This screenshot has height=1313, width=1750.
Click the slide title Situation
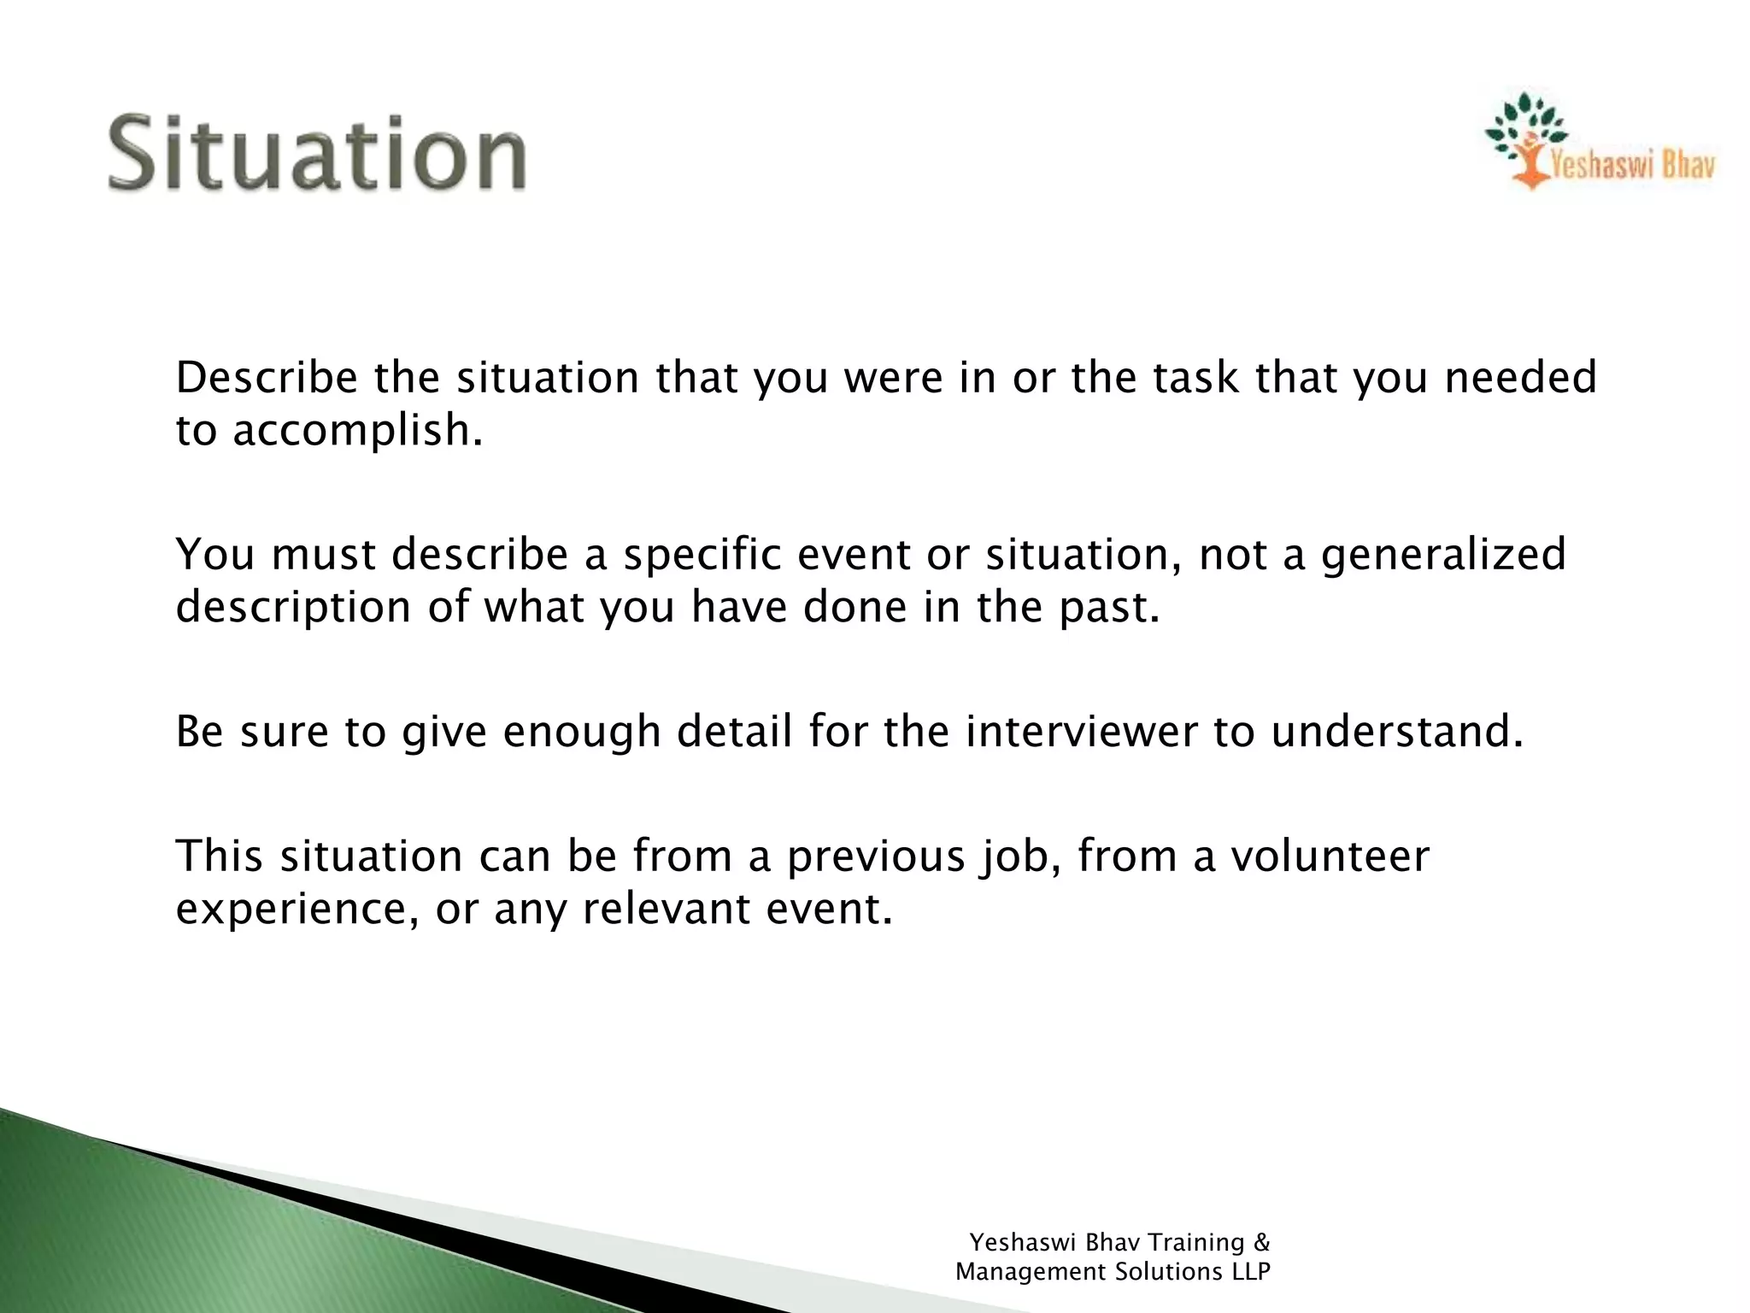pyautogui.click(x=317, y=154)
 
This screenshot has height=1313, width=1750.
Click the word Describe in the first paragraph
pyautogui.click(x=266, y=378)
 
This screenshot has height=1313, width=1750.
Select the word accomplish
pyautogui.click(x=356, y=430)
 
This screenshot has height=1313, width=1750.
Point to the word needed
pyautogui.click(x=1520, y=378)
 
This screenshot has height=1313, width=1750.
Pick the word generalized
pyautogui.click(x=1443, y=556)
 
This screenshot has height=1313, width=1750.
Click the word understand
pyautogui.click(x=1396, y=732)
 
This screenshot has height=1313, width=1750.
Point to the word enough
pyautogui.click(x=582, y=733)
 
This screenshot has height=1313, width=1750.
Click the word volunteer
pyautogui.click(x=1330, y=857)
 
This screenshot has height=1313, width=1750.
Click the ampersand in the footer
pyautogui.click(x=1262, y=1242)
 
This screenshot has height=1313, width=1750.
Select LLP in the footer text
pyautogui.click(x=1251, y=1272)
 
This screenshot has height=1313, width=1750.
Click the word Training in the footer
pyautogui.click(x=1195, y=1243)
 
